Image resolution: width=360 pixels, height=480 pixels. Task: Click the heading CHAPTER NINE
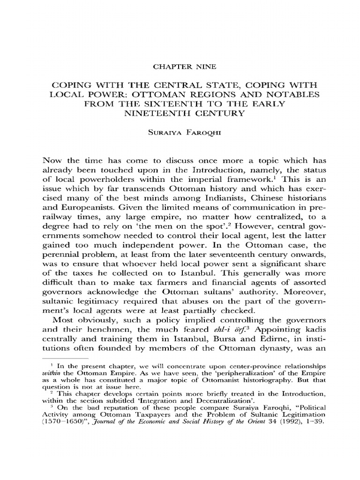pyautogui.click(x=180, y=67)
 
